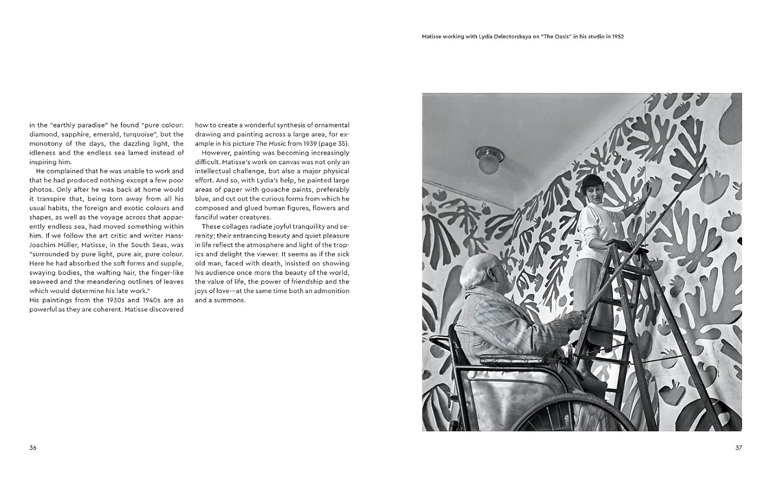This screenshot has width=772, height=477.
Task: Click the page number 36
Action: pos(33,448)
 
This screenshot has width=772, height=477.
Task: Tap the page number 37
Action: pos(739,448)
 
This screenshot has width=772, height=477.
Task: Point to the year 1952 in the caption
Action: pos(618,37)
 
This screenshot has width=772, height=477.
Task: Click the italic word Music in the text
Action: pos(277,144)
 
